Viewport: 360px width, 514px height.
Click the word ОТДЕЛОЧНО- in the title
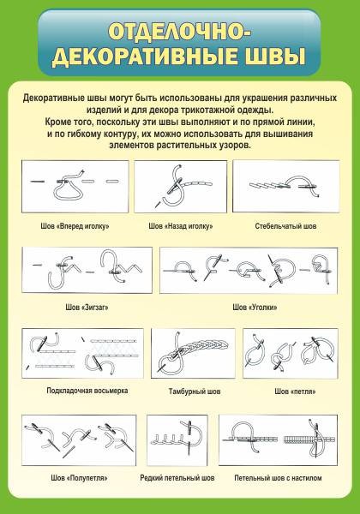pyautogui.click(x=180, y=33)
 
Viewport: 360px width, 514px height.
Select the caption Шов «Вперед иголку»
pyautogui.click(x=75, y=226)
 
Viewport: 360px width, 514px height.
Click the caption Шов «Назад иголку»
pyautogui.click(x=181, y=226)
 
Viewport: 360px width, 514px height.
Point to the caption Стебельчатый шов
pyautogui.click(x=285, y=226)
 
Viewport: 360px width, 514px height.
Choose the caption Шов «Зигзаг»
pyautogui.click(x=87, y=308)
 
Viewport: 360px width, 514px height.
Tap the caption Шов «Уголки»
pyautogui.click(x=255, y=308)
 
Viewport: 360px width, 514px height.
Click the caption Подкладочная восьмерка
pyautogui.click(x=87, y=391)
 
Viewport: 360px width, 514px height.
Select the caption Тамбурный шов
pyautogui.click(x=195, y=391)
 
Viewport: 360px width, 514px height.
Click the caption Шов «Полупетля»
pyautogui.click(x=80, y=478)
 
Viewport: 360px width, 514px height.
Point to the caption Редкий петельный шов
pyautogui.click(x=177, y=478)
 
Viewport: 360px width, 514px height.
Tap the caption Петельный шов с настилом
pyautogui.click(x=278, y=478)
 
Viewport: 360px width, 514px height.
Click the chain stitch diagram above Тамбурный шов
pyautogui.click(x=193, y=353)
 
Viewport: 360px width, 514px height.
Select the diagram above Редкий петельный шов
pyautogui.click(x=177, y=440)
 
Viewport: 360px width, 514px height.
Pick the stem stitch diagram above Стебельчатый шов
pyautogui.click(x=286, y=186)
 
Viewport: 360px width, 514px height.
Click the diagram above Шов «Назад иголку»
pyautogui.click(x=180, y=187)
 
